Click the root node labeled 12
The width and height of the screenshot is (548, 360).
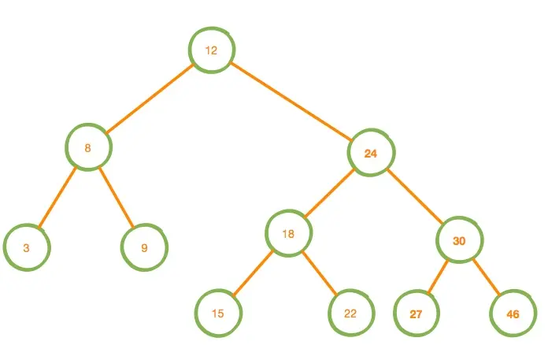pos(211,50)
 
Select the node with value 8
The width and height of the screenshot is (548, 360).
pos(88,147)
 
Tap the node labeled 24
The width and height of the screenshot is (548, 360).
pos(371,153)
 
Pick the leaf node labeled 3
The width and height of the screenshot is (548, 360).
pos(27,247)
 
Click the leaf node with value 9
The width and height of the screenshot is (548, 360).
pos(144,247)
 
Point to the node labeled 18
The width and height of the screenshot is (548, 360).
pos(289,233)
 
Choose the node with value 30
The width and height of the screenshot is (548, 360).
pos(459,239)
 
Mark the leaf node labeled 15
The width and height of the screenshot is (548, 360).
pos(218,313)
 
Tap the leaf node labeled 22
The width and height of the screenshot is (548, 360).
pos(351,313)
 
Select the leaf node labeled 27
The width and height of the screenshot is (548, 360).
pos(416,314)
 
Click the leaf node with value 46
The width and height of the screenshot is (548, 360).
pos(513,314)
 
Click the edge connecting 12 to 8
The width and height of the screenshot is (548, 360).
pos(150,98)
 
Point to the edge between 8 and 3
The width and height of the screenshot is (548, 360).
pos(57,197)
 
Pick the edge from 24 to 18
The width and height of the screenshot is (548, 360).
pos(330,193)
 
